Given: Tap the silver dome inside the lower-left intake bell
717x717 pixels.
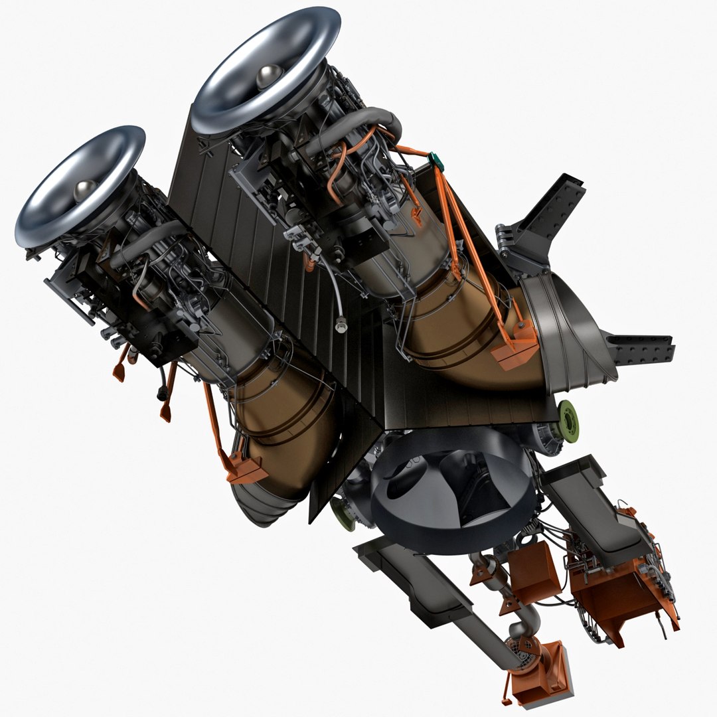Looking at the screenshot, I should tap(85, 191).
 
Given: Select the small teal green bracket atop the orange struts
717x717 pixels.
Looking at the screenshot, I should tap(436, 159).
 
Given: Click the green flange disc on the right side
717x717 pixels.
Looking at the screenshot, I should tap(568, 416).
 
